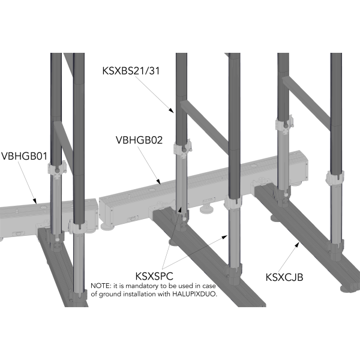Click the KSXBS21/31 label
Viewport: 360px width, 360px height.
[x=131, y=70]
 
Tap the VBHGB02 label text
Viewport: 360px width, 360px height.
[x=139, y=140]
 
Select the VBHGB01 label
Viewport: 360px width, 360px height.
[x=25, y=156]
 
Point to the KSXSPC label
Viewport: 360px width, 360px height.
[x=154, y=276]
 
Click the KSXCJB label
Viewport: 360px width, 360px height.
[x=284, y=277]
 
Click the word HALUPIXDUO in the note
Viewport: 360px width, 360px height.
[x=194, y=294]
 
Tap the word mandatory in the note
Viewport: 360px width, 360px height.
[x=142, y=286]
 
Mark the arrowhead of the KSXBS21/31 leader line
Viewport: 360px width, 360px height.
[x=171, y=110]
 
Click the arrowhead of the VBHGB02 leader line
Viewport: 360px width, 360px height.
[x=158, y=181]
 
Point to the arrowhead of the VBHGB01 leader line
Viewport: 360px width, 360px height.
[x=35, y=201]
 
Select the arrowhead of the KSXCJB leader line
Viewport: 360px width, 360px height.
[x=298, y=245]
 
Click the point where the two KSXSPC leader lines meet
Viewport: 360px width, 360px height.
[x=163, y=268]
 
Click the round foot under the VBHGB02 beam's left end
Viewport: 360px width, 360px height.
[x=105, y=227]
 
